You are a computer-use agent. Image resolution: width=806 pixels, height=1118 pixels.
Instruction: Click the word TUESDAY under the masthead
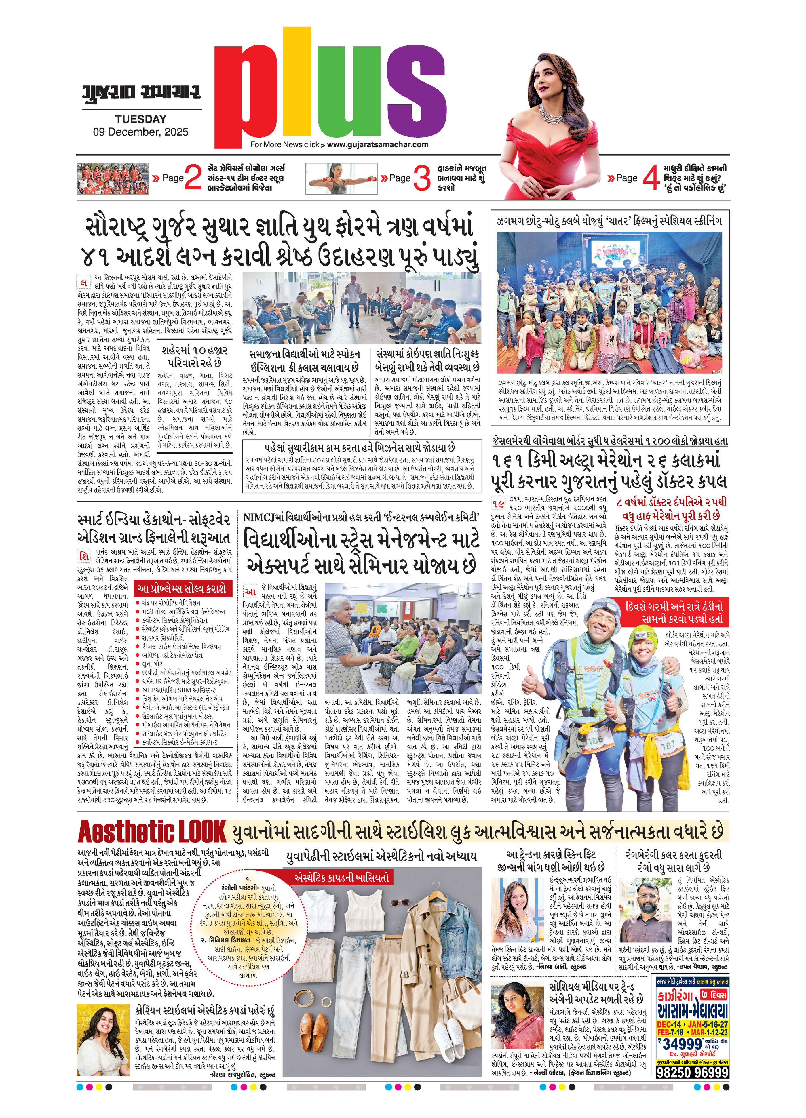(140, 119)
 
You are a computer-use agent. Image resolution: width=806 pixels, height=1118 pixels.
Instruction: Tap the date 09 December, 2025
(140, 132)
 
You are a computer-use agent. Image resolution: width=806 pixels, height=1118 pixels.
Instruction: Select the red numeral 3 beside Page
(421, 178)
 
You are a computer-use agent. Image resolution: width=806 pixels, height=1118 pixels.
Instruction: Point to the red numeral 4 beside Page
(651, 178)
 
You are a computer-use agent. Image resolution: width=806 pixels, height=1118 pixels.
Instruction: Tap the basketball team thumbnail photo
(113, 178)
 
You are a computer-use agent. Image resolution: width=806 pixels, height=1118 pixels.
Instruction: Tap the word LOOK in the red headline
(202, 832)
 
